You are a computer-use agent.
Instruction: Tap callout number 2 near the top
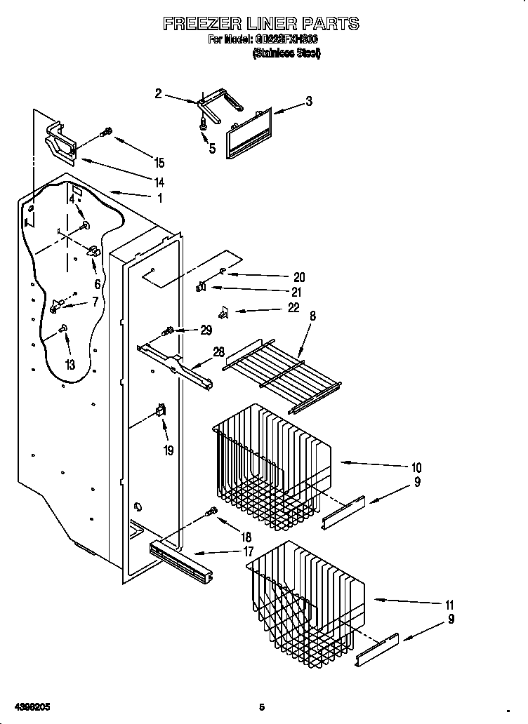tap(158, 93)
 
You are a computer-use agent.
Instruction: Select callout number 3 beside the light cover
tap(308, 102)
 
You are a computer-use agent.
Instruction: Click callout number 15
tap(159, 163)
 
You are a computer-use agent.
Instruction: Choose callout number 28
tap(219, 351)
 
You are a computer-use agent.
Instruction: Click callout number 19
tap(169, 450)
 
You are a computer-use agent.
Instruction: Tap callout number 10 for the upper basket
tap(416, 467)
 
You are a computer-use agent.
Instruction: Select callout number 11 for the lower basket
tap(449, 605)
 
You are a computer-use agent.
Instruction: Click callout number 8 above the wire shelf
tap(312, 316)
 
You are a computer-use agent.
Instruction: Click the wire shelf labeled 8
tap(281, 372)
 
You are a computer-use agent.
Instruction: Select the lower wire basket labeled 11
tap(305, 600)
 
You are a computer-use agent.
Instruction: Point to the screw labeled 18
tap(209, 514)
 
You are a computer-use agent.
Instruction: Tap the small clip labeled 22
tap(223, 311)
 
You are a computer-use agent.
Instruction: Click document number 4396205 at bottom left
tap(29, 706)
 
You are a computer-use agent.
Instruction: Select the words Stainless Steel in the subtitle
tap(286, 53)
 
